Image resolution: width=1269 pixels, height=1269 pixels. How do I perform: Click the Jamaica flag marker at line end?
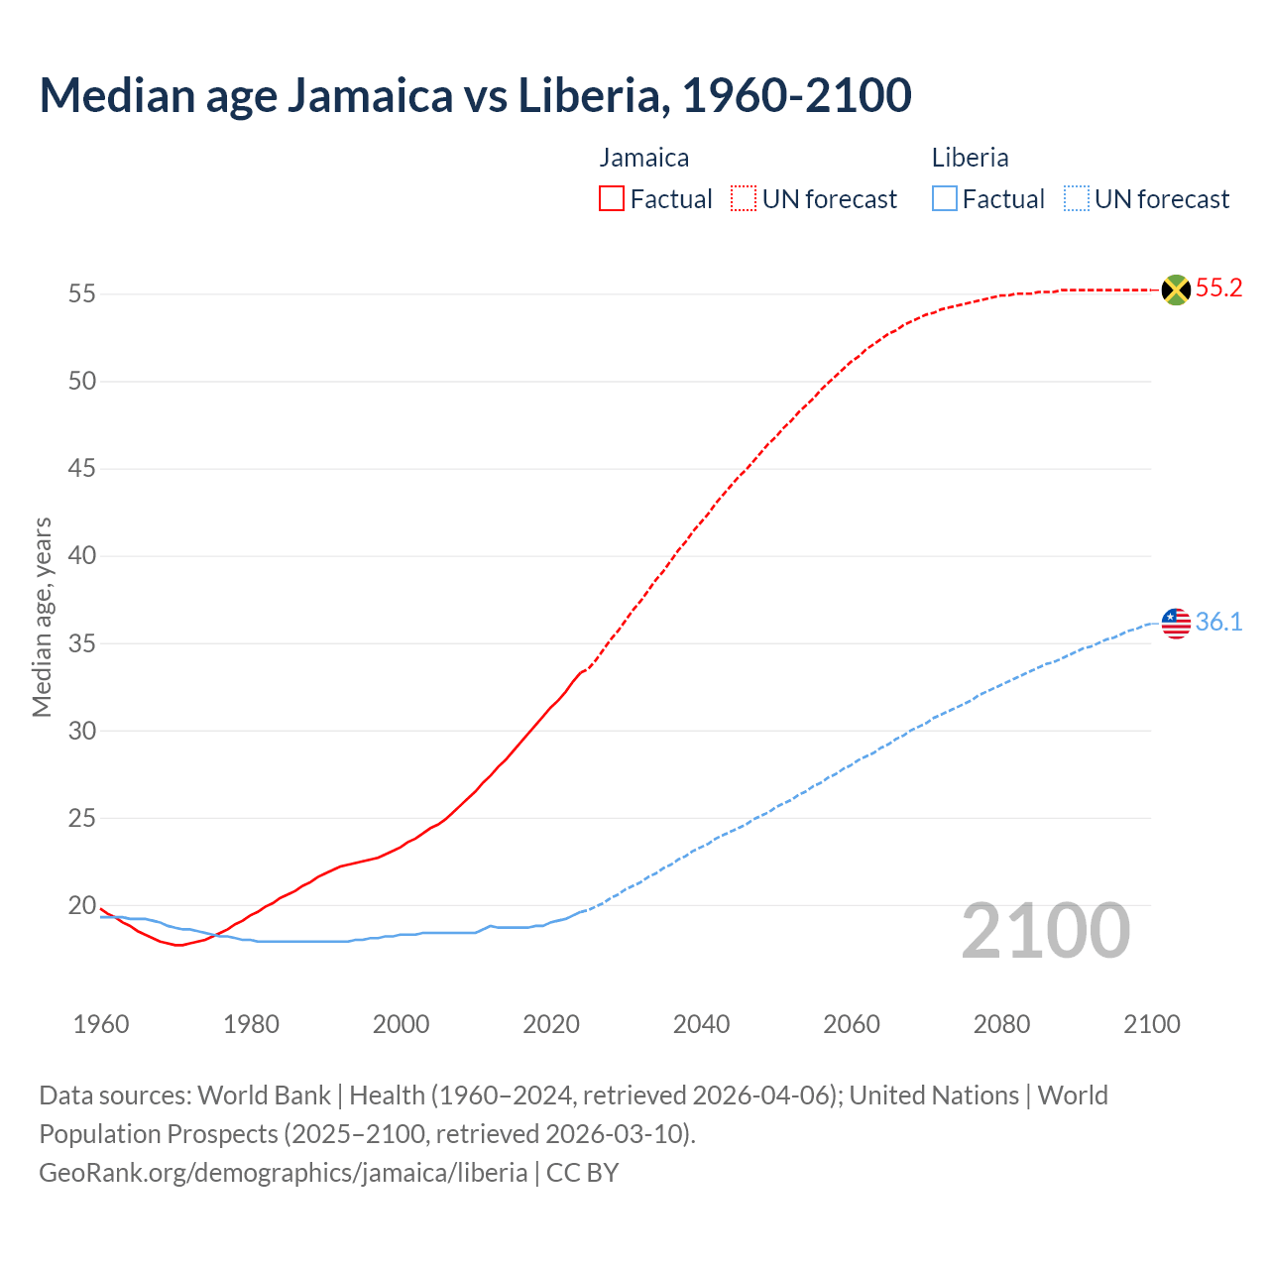[x=1176, y=289]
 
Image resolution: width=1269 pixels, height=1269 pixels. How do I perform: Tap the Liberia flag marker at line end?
[x=1176, y=624]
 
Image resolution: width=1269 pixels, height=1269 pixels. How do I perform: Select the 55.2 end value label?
[x=1218, y=288]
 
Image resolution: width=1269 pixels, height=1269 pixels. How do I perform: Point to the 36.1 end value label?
[x=1218, y=623]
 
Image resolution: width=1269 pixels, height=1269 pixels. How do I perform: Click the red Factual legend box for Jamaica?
[x=612, y=199]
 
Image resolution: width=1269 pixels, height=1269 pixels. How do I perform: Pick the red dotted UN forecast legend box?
[x=744, y=199]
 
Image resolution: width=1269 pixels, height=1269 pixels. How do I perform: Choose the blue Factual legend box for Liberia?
[x=945, y=199]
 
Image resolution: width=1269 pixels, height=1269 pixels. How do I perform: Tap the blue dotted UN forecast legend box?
[x=1077, y=199]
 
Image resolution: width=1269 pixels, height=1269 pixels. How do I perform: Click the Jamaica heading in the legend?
[x=644, y=158]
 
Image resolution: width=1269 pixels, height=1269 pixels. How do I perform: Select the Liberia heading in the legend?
[x=971, y=158]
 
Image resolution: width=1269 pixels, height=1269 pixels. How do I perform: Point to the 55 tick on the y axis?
[x=81, y=294]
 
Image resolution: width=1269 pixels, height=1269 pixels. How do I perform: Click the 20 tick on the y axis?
[x=81, y=905]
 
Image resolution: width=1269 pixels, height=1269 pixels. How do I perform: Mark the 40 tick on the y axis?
[x=81, y=556]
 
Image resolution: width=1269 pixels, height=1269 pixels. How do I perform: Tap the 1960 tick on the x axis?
[x=101, y=1024]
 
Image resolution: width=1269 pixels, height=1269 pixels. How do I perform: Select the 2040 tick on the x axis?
[x=701, y=1024]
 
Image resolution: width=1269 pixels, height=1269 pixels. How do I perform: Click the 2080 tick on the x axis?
[x=1001, y=1024]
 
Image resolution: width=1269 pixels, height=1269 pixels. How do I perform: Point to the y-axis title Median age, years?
[x=42, y=617]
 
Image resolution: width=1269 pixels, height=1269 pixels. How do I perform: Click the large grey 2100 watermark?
[x=1046, y=931]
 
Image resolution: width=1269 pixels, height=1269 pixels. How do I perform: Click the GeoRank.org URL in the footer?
[x=283, y=1173]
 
